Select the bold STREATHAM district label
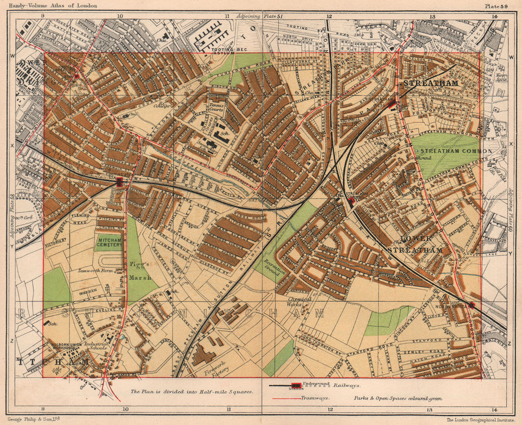(430, 83)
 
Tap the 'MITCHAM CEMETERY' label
(109, 242)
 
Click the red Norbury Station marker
(471, 304)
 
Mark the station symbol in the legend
(296, 386)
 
